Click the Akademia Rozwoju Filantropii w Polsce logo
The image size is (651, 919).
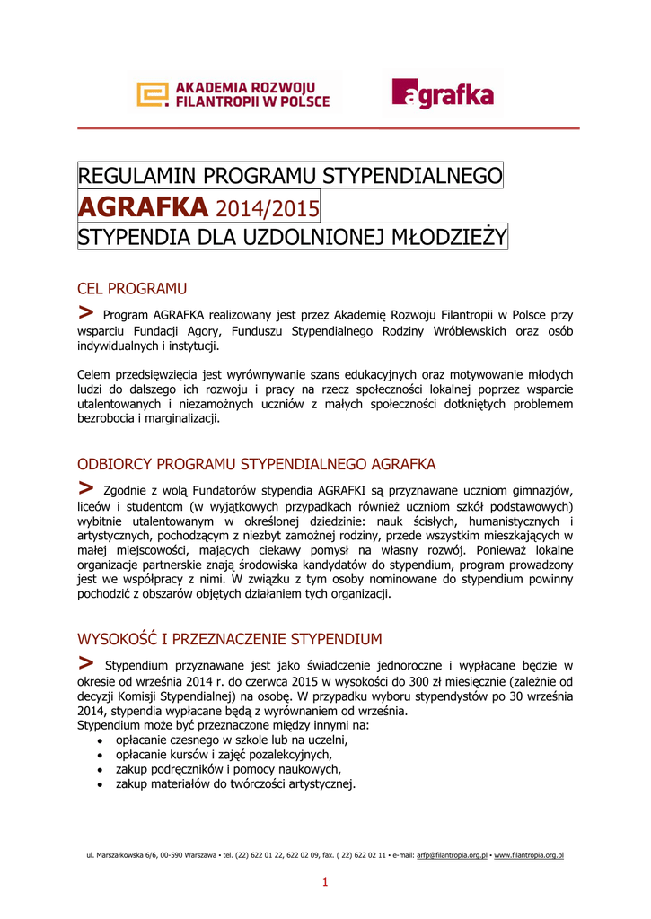click(233, 94)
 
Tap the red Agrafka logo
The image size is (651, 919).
click(442, 93)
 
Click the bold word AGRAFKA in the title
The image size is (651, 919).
click(144, 207)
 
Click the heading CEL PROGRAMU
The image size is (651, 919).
click(132, 288)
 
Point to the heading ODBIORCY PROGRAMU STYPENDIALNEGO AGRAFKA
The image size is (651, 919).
click(257, 464)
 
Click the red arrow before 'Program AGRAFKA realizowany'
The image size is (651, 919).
click(86, 312)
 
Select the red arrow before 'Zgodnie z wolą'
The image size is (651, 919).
click(86, 487)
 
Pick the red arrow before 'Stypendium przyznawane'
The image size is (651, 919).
click(86, 663)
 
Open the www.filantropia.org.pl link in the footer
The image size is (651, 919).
click(529, 856)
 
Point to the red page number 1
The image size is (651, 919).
click(325, 883)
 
